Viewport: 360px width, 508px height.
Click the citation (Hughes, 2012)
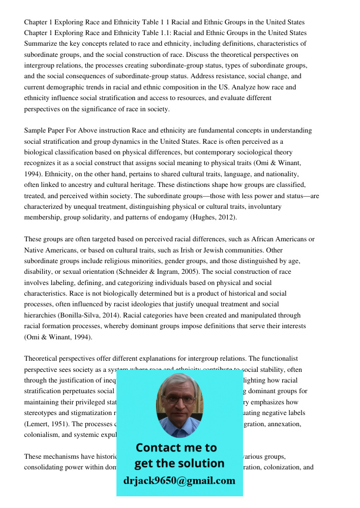pyautogui.click(x=207, y=217)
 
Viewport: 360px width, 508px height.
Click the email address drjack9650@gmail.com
pyautogui.click(x=179, y=481)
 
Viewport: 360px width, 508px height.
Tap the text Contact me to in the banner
pyautogui.click(x=176, y=448)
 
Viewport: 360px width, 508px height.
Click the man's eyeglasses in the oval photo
pyautogui.click(x=179, y=400)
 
